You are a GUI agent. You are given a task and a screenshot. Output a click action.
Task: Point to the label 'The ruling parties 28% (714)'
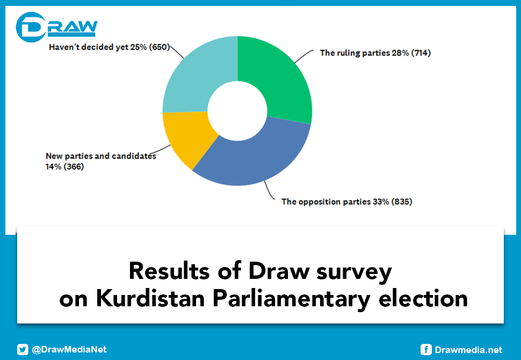[375, 53]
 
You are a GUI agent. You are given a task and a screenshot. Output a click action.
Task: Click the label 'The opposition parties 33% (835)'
[346, 202]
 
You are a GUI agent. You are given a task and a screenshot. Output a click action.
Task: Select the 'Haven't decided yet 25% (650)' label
[109, 47]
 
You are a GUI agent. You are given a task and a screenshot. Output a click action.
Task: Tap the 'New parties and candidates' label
[100, 156]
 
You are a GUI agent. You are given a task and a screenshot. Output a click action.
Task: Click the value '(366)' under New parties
[73, 167]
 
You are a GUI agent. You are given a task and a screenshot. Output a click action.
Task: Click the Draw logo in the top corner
[56, 27]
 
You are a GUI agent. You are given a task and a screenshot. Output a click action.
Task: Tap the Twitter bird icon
[23, 349]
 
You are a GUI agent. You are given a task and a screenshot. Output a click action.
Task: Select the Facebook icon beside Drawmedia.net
[426, 350]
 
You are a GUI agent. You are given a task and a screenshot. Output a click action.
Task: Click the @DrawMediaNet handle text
[69, 349]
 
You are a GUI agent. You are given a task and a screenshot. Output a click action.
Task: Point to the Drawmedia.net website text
[468, 350]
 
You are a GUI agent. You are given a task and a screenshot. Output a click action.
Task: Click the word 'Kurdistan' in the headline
[148, 298]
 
